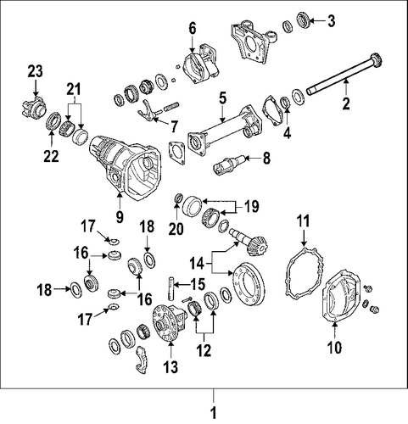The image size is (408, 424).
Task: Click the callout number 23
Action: click(36, 71)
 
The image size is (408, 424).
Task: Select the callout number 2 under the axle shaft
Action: click(346, 103)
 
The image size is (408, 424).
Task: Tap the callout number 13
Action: click(170, 367)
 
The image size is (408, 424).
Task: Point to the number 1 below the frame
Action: click(214, 413)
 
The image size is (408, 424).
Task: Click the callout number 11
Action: click(304, 221)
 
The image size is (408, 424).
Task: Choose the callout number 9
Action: click(120, 217)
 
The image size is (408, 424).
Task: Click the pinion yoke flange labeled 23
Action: click(33, 106)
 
